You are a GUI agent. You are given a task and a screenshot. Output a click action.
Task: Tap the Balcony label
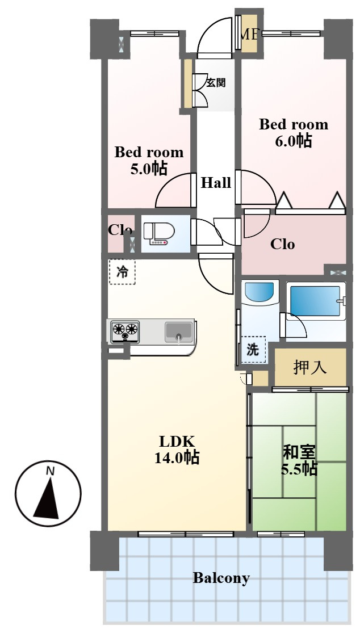tap(221, 578)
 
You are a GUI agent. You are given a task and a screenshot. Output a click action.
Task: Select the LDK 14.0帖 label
tap(177, 450)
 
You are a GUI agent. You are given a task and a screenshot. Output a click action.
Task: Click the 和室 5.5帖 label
tap(299, 460)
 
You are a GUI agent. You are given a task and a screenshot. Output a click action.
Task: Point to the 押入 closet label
tap(310, 368)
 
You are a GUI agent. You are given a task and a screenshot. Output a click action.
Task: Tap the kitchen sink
tap(179, 331)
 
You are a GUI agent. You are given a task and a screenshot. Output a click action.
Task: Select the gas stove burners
tap(125, 331)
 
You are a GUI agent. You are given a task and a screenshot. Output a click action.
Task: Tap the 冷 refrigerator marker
tap(122, 272)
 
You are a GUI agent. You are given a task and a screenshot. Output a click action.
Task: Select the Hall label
tap(216, 183)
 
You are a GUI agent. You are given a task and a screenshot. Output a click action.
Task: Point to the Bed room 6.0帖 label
tap(294, 132)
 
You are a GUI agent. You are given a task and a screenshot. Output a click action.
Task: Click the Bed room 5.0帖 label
tap(149, 160)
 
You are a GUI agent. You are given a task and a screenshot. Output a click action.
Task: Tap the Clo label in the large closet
tap(282, 244)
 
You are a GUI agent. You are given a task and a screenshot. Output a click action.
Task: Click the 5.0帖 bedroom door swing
tap(173, 191)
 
